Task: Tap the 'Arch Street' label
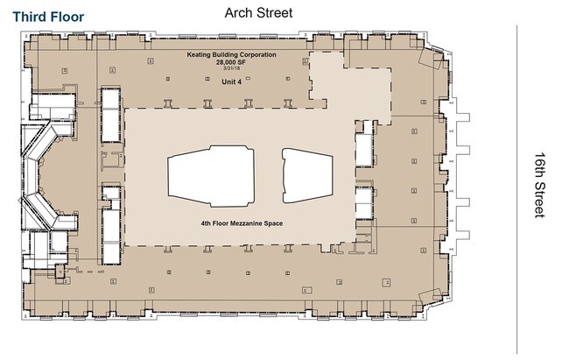(x=258, y=12)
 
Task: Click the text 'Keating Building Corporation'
(x=232, y=54)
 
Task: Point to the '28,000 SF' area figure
(x=232, y=62)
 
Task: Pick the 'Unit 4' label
(x=232, y=81)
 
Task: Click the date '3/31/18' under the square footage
(x=232, y=69)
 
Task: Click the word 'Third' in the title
(x=31, y=16)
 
